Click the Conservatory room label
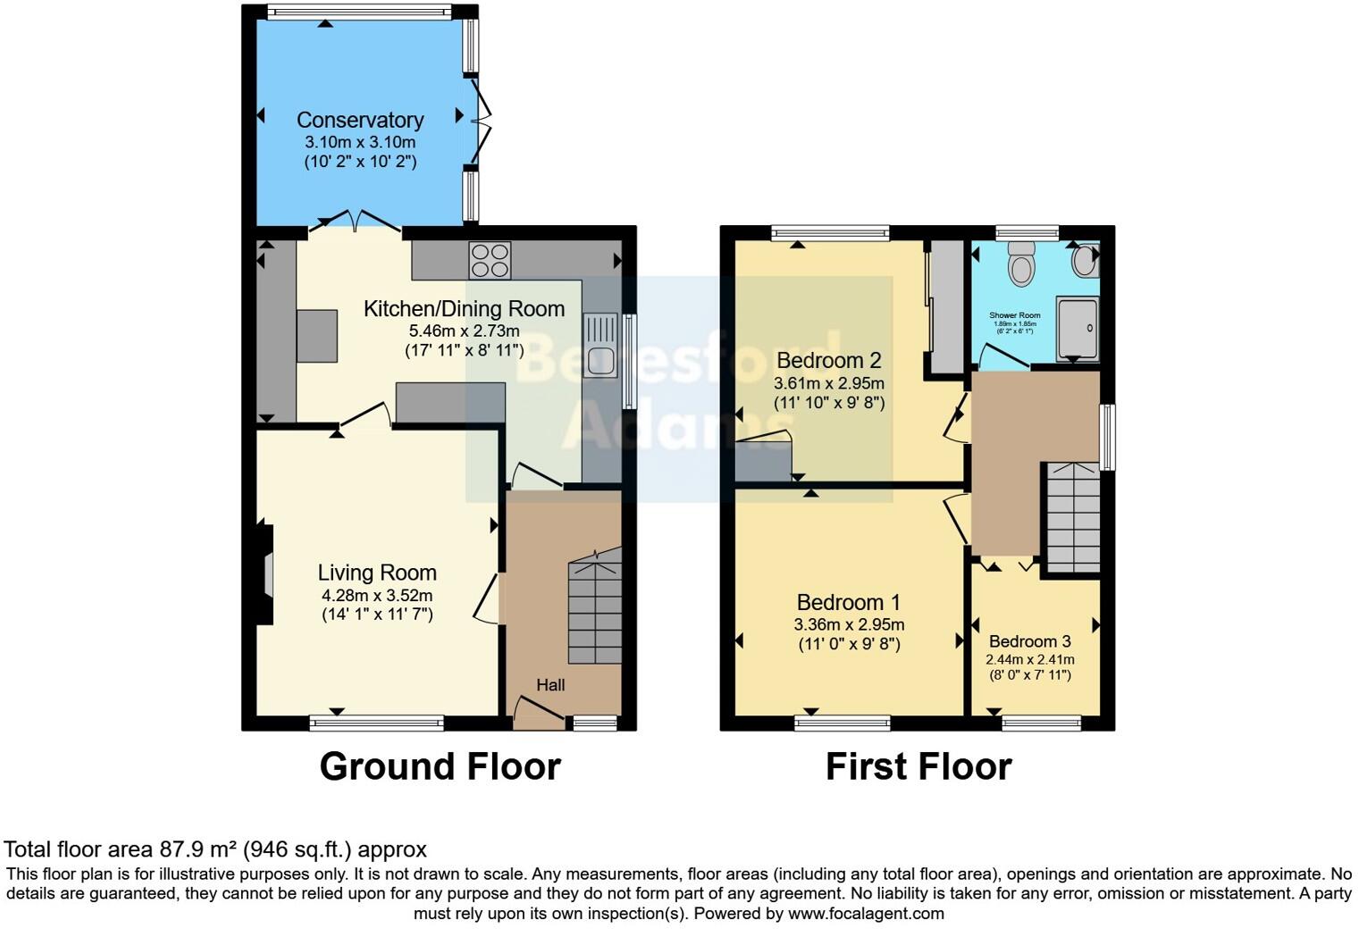(x=360, y=120)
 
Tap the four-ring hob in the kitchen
(x=490, y=260)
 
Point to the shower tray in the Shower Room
(x=1077, y=329)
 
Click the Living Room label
(x=377, y=573)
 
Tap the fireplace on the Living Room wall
(x=264, y=573)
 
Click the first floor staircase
(x=1072, y=518)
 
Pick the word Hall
(x=550, y=685)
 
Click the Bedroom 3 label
(x=1029, y=641)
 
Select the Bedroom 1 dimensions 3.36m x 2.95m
(x=849, y=625)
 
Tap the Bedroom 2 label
(x=829, y=360)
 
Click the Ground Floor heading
(x=440, y=766)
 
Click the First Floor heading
(x=918, y=766)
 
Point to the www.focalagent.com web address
(x=866, y=913)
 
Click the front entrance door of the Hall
(x=539, y=712)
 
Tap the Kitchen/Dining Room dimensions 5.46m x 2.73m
(x=464, y=331)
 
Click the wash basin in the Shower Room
(x=1084, y=261)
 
